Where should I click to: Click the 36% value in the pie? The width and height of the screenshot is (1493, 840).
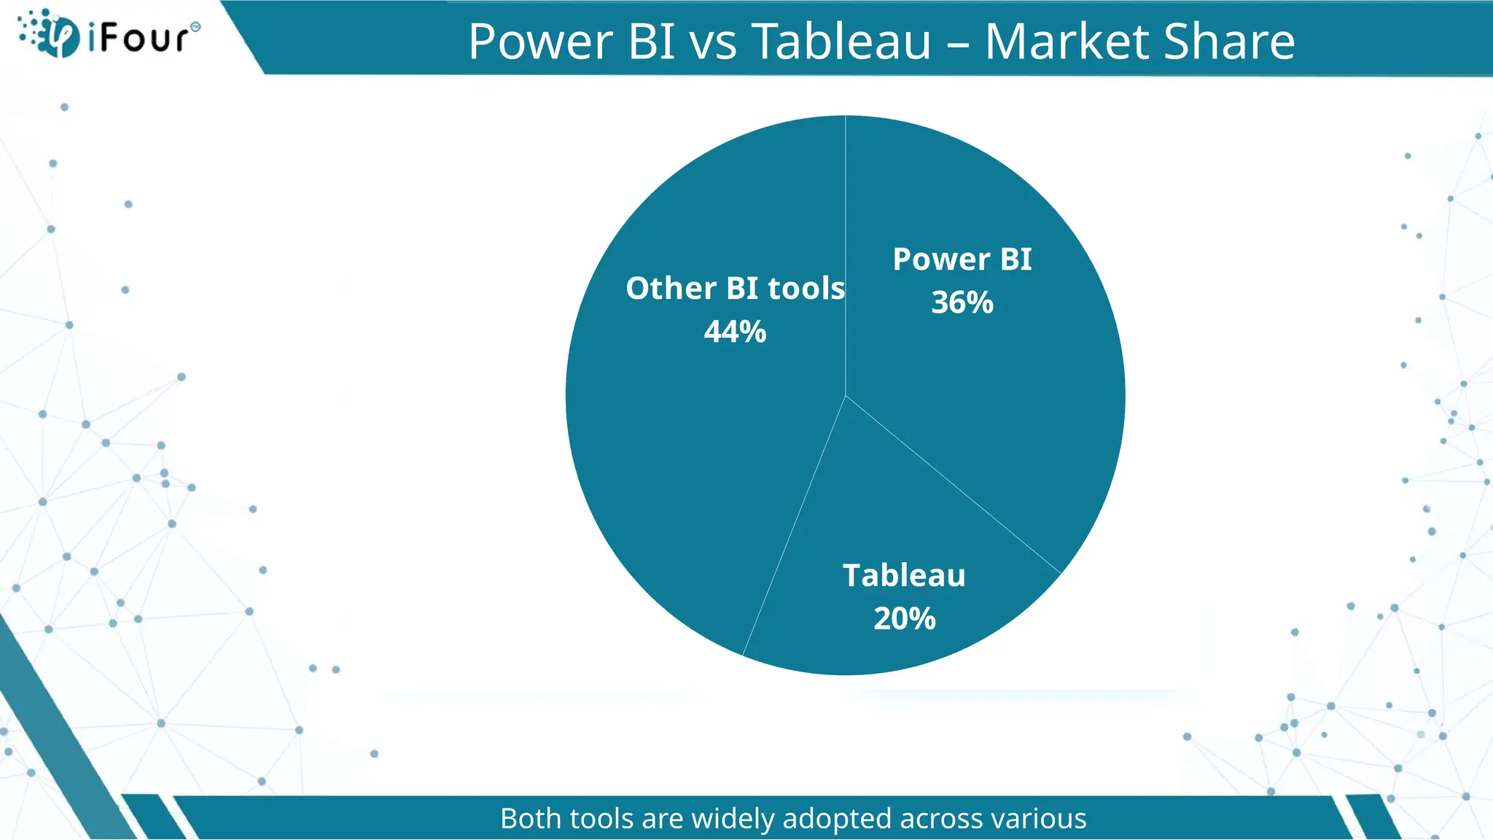[962, 303]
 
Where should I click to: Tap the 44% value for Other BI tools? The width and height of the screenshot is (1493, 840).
[735, 332]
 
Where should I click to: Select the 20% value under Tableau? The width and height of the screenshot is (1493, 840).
[905, 619]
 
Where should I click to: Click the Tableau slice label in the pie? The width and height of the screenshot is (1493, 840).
[905, 575]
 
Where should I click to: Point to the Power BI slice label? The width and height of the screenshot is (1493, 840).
[962, 260]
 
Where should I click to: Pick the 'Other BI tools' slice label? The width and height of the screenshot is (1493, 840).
[735, 289]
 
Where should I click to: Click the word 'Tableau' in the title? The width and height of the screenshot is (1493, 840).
[841, 42]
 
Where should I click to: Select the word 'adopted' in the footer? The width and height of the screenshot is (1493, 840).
[838, 819]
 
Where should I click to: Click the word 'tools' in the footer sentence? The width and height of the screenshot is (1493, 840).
[602, 819]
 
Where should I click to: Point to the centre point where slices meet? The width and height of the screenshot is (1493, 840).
[846, 396]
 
